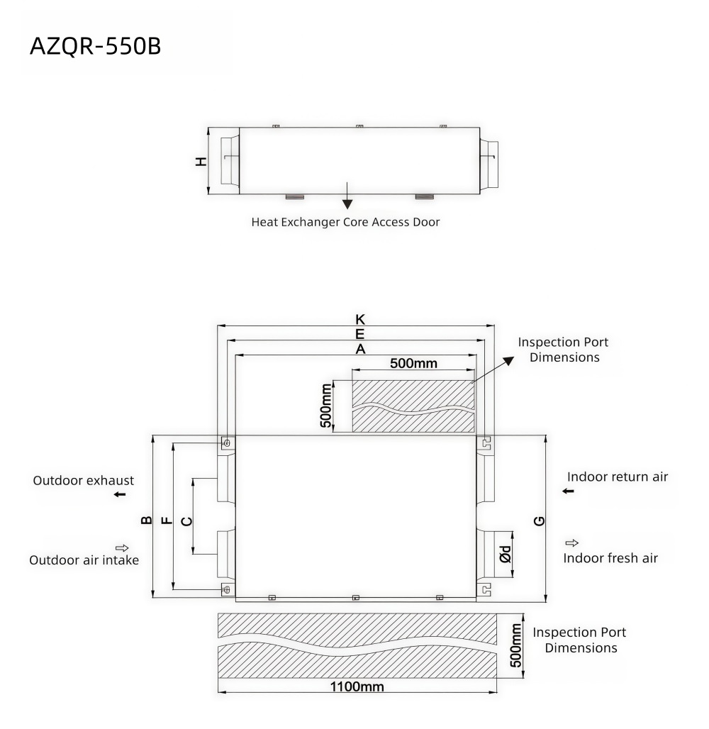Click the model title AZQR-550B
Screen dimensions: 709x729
coord(95,47)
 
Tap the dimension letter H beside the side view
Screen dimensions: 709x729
coord(201,161)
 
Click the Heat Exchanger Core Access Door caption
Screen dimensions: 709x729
coord(345,222)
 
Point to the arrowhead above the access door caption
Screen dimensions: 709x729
coord(347,204)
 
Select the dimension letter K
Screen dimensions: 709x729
coord(360,319)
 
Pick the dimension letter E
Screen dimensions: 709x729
coord(360,334)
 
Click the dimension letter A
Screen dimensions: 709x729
coord(360,349)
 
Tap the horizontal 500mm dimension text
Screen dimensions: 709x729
coord(414,363)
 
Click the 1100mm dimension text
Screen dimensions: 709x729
coord(357,686)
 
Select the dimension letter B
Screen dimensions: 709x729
coord(146,520)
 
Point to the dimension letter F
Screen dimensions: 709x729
coord(167,520)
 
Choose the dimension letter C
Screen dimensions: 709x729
coord(186,521)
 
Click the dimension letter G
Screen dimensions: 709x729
coord(539,521)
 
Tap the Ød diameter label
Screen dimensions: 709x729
coord(505,554)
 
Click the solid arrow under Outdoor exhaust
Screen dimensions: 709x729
coord(120,494)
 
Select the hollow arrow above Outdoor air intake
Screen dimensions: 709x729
coord(122,547)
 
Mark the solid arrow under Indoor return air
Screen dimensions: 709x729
coord(568,491)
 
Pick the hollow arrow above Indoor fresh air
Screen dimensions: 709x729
coord(572,542)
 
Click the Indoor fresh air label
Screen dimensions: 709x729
coord(610,558)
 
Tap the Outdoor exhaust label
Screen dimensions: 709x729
coord(83,480)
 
